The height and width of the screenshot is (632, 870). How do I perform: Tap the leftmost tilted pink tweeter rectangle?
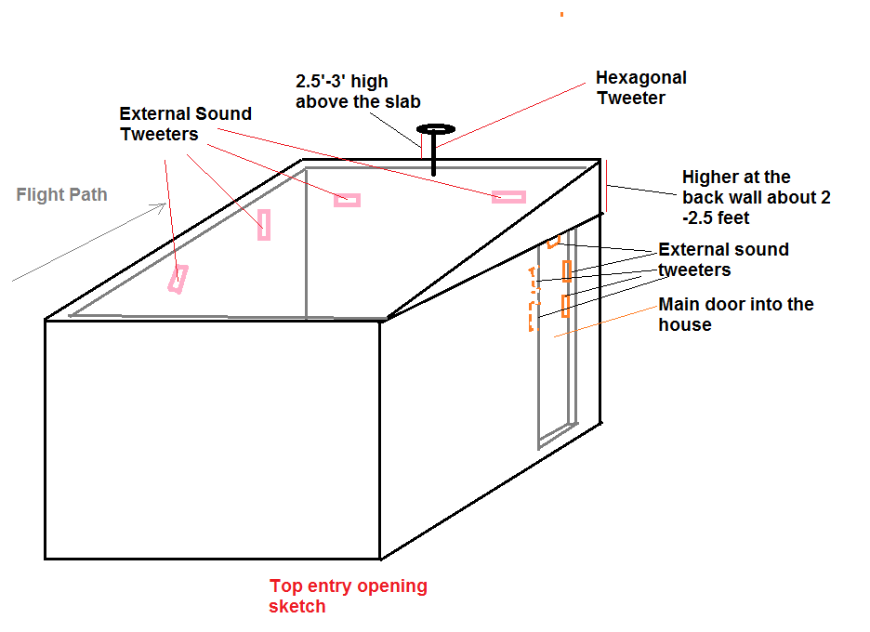[x=177, y=279]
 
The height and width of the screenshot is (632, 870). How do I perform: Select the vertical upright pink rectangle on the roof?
[x=264, y=225]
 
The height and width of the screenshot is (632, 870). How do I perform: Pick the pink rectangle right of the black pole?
[x=508, y=197]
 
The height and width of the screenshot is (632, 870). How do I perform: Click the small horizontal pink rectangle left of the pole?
[x=347, y=200]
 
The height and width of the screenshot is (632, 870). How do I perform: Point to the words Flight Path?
[x=61, y=195]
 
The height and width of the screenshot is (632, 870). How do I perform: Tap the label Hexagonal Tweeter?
[x=641, y=87]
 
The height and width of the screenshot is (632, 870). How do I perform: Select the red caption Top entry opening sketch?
[x=348, y=596]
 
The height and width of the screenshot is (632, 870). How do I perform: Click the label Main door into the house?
[x=735, y=314]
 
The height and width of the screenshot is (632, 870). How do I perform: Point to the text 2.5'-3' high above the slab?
[x=358, y=91]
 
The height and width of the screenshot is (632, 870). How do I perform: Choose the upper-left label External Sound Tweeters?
[x=185, y=124]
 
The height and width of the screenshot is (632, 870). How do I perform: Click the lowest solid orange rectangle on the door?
[x=564, y=306]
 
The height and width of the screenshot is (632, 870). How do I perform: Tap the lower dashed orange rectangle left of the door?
[x=533, y=317]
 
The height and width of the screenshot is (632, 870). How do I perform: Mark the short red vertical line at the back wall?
[x=606, y=186]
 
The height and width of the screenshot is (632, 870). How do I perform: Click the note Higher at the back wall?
[x=756, y=197]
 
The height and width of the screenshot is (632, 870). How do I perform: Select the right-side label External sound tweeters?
[x=722, y=259]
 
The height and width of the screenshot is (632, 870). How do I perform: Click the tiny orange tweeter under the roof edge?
[x=553, y=243]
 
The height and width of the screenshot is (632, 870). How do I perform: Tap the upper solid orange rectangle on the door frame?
[x=566, y=271]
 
